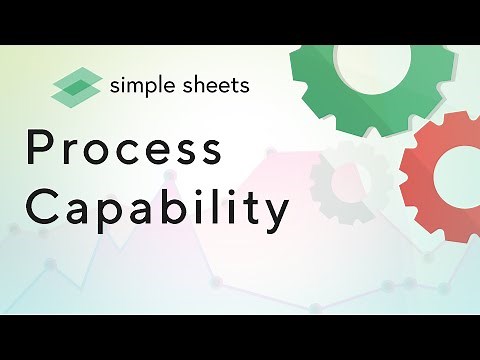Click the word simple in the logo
(x=145, y=84)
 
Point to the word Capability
(x=158, y=207)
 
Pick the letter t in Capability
(x=250, y=204)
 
